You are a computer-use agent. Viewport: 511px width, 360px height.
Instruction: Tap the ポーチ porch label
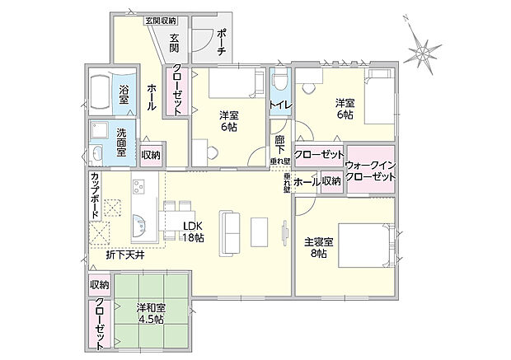pyautogui.click(x=223, y=40)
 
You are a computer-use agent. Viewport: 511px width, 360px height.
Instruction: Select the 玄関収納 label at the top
pyautogui.click(x=167, y=20)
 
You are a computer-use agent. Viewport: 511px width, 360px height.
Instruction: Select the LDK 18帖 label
pyautogui.click(x=194, y=231)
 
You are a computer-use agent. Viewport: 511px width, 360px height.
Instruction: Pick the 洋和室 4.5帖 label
pyautogui.click(x=150, y=314)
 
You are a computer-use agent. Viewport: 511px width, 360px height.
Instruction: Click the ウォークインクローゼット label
pyautogui.click(x=371, y=171)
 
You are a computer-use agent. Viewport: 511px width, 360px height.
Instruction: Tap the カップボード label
pyautogui.click(x=96, y=194)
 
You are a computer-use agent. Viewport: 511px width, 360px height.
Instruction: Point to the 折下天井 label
pyautogui.click(x=124, y=255)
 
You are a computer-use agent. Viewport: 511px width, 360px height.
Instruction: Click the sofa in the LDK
pyautogui.click(x=227, y=231)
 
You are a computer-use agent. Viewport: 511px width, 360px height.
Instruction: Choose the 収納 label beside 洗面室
pyautogui.click(x=151, y=155)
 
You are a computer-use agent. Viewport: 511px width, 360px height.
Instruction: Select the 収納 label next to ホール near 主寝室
pyautogui.click(x=331, y=181)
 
